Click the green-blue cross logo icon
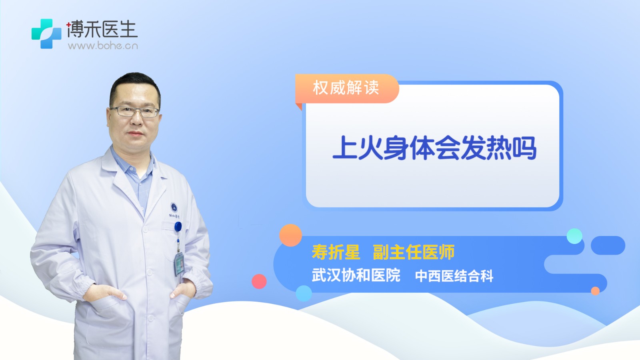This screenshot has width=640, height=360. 46,34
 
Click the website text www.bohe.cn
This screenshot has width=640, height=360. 103,46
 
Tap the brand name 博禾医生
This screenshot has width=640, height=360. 102,29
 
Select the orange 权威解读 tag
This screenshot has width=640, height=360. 346,88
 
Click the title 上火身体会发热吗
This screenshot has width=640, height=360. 434,148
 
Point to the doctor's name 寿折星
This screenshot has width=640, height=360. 336,252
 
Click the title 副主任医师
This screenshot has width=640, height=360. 414,252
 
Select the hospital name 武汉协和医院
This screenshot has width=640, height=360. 356,275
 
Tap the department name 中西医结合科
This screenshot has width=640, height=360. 454,276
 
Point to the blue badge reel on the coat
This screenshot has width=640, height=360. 178,227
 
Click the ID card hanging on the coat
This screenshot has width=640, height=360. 180,264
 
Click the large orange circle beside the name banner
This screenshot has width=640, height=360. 290,235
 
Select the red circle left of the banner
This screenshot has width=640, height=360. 259,282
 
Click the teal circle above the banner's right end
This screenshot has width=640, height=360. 574,236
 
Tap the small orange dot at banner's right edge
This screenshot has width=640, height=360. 595,291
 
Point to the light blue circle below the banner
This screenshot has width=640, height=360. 304,293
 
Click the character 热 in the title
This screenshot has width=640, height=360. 498,148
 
